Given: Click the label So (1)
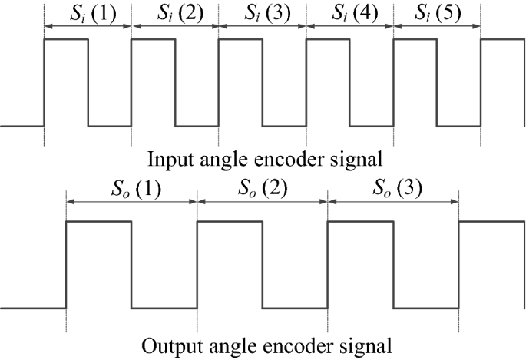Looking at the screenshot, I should tap(131, 188).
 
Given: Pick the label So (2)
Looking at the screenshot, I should tap(262, 188).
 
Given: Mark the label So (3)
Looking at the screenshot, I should tap(393, 188).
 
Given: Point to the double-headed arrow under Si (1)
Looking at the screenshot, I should tap(88, 27).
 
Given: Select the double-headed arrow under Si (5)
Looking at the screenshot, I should tap(437, 27).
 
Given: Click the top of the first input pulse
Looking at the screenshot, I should tap(66, 38).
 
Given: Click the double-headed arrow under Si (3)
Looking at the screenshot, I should tap(262, 27).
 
